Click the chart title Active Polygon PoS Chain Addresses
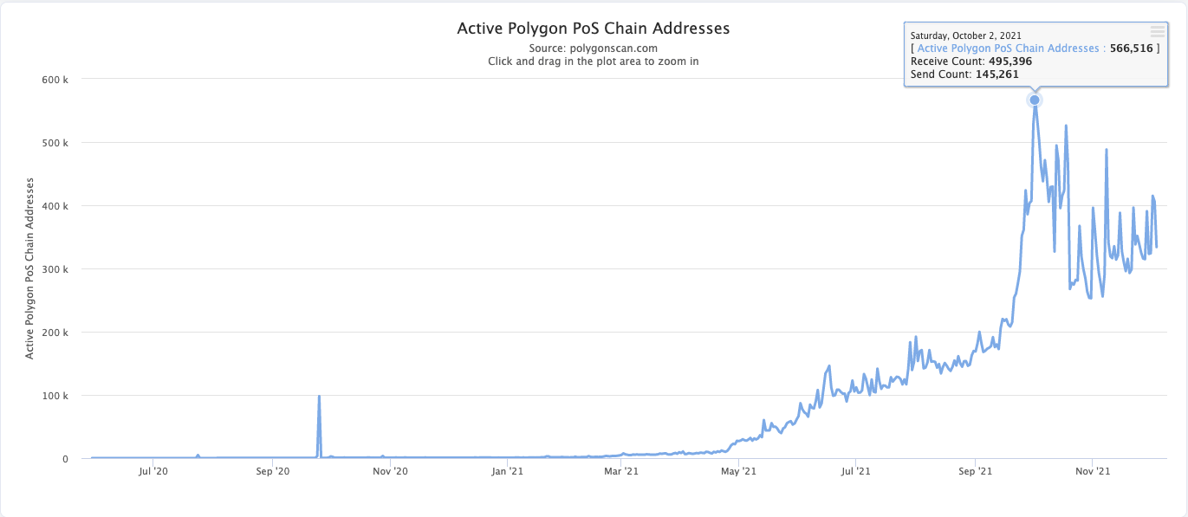(594, 29)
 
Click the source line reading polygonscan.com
(594, 48)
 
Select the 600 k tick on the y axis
(55, 80)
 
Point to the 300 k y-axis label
(55, 269)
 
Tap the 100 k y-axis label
(55, 396)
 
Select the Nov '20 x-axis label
(390, 471)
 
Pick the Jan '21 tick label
(507, 471)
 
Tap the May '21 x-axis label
(739, 471)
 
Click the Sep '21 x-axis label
(975, 471)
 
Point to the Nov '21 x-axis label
(1093, 471)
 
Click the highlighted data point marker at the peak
(1035, 100)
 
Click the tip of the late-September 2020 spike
(320, 397)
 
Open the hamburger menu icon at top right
(1158, 31)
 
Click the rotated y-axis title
(29, 268)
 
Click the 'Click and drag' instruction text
(594, 61)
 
